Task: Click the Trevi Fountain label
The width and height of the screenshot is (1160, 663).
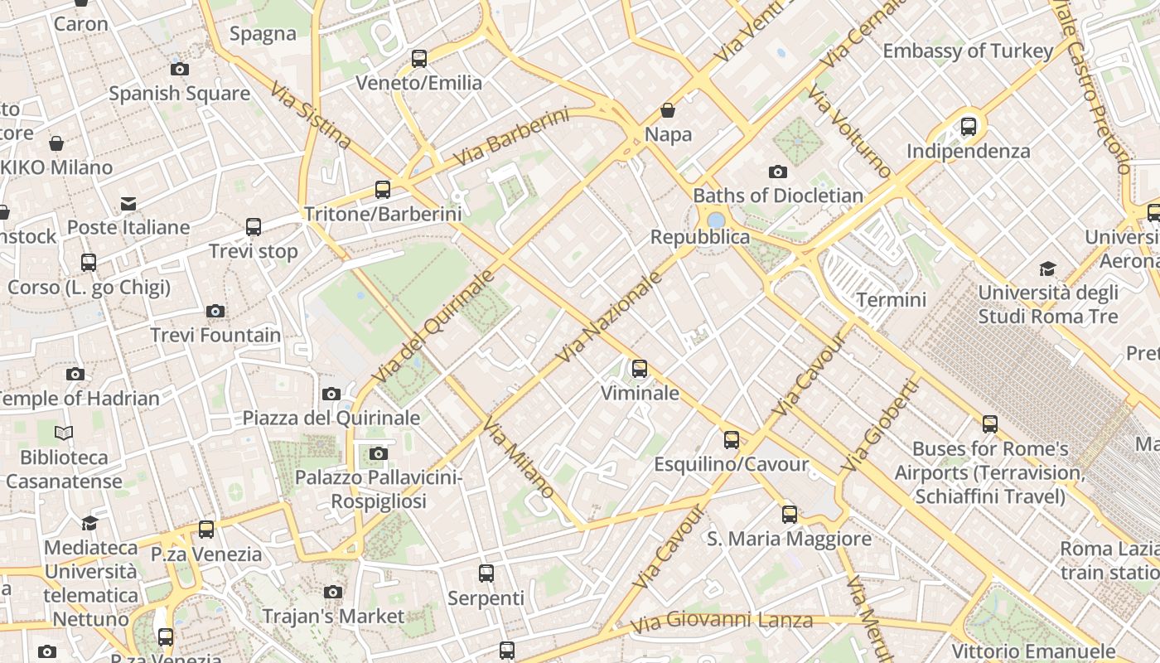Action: click(215, 335)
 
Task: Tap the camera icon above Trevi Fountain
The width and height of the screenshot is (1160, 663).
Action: click(215, 312)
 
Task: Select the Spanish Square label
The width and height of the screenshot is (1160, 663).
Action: click(179, 94)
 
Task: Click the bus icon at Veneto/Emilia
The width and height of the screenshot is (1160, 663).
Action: click(419, 59)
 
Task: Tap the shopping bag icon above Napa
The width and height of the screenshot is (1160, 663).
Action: click(668, 110)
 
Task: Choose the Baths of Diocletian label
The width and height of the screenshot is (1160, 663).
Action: click(778, 196)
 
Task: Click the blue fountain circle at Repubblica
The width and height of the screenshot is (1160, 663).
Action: click(715, 220)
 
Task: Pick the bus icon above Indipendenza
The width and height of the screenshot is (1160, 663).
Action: click(969, 127)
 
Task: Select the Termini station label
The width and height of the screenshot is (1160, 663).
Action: click(892, 299)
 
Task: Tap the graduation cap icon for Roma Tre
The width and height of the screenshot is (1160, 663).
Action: click(1048, 269)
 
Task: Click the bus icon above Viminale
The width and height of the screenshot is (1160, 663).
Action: click(640, 369)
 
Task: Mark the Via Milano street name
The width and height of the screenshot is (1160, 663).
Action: click(518, 460)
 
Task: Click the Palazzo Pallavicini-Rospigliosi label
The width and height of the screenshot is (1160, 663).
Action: click(379, 489)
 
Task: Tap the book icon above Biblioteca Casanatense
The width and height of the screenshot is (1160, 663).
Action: click(64, 433)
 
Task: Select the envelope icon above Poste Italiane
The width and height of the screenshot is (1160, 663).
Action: click(128, 204)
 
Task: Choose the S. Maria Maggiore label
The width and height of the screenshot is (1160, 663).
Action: click(789, 539)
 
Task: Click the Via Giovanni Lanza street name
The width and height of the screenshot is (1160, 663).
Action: click(721, 621)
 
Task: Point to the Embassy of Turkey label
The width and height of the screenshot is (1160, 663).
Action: click(968, 51)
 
